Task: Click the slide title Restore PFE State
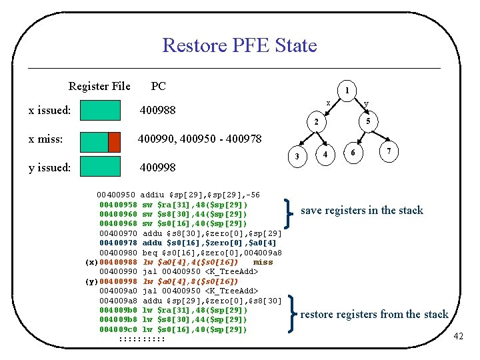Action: tap(239, 45)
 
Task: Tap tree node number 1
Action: tap(347, 91)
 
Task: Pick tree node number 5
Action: tap(368, 121)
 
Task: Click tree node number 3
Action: tap(297, 156)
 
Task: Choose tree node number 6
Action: tap(353, 153)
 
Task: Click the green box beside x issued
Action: tap(100, 110)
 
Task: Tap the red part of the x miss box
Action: tap(114, 141)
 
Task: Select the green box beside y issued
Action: tap(100, 167)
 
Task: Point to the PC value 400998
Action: tap(157, 167)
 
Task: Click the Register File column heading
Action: tap(99, 86)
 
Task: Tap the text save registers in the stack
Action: tap(361, 211)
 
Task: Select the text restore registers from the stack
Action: tap(374, 314)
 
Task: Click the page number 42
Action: tap(457, 336)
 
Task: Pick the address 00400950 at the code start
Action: tap(117, 195)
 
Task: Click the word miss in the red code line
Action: tap(263, 262)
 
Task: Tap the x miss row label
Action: tap(46, 139)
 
